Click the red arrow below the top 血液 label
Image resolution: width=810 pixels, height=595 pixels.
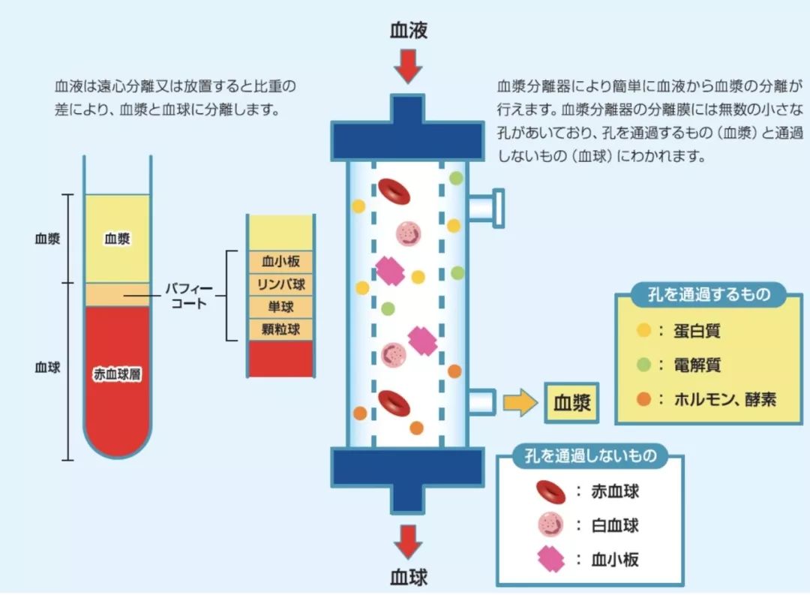click(x=408, y=66)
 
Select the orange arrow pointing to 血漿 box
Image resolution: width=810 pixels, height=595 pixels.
click(x=520, y=403)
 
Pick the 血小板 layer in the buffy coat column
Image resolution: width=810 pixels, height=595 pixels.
click(x=281, y=263)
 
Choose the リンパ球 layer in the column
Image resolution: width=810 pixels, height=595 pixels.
click(x=281, y=285)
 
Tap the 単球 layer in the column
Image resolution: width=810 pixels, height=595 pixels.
click(x=281, y=307)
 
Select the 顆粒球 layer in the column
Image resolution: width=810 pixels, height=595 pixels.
click(x=281, y=329)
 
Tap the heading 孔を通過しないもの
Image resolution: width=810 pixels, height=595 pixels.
click(x=591, y=455)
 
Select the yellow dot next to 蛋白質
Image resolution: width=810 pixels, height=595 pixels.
click(x=643, y=331)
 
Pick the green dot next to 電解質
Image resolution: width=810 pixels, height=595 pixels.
click(x=643, y=365)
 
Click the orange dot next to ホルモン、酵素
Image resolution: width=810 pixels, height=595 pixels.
click(x=643, y=399)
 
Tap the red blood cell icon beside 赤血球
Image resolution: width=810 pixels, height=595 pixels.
click(x=550, y=491)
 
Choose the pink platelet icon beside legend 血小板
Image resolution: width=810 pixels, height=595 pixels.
click(x=550, y=559)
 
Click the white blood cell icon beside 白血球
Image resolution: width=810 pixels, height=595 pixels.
click(x=550, y=525)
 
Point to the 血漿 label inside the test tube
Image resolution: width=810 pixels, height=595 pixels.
click(x=117, y=239)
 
